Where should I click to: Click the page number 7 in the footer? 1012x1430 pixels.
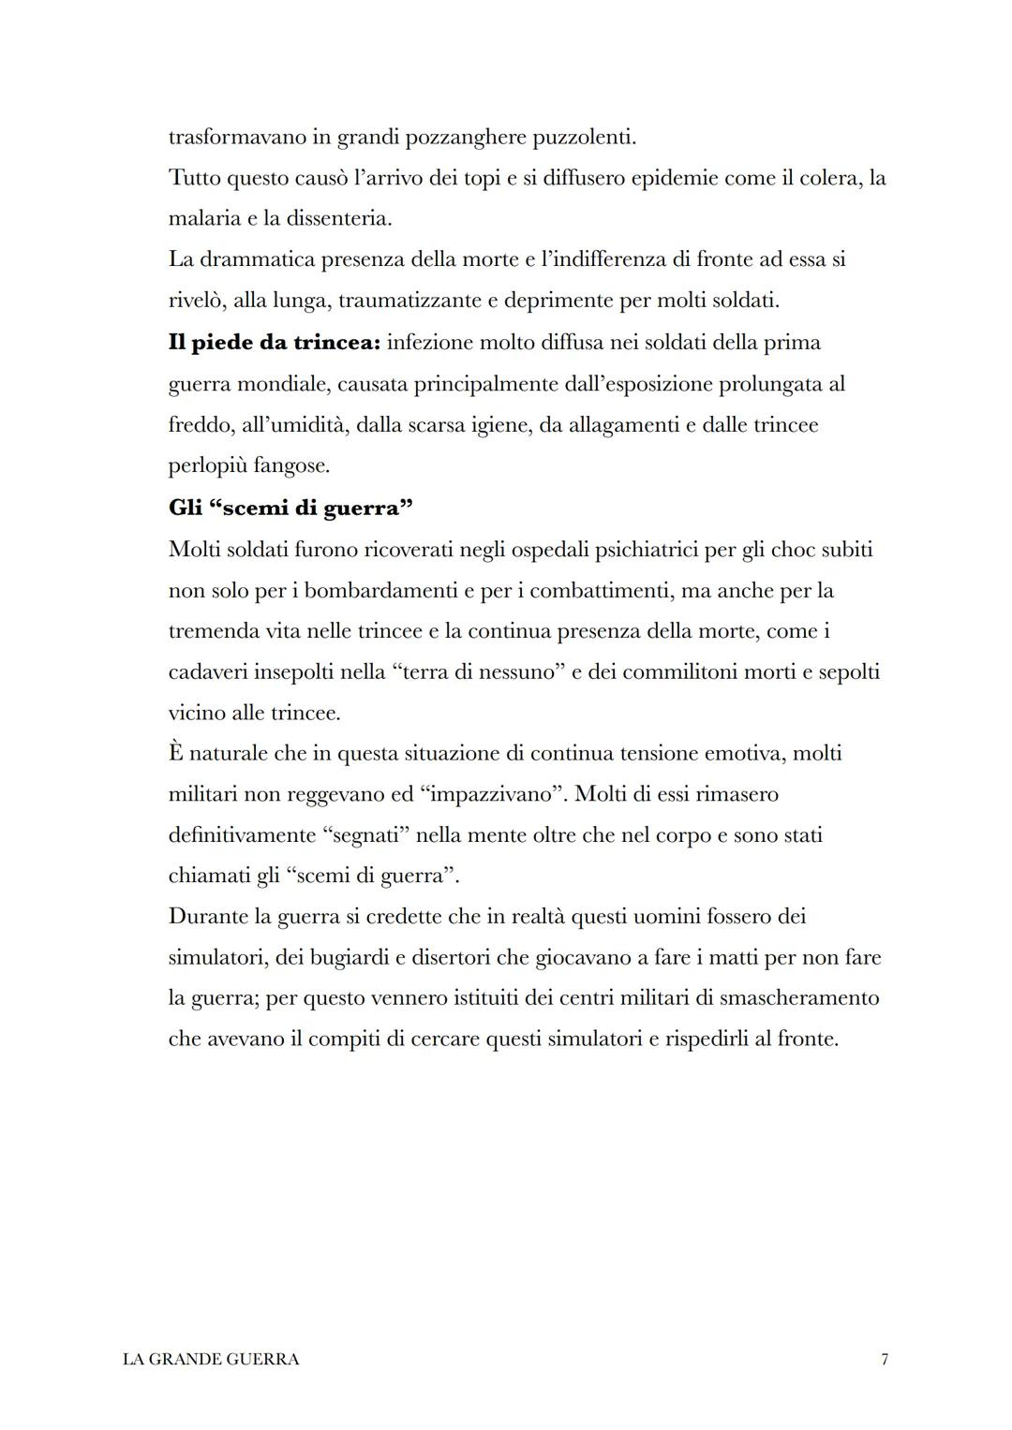[x=885, y=1359]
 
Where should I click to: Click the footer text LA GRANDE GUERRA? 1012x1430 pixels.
[x=211, y=1359]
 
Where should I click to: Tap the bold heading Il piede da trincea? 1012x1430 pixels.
[x=274, y=343]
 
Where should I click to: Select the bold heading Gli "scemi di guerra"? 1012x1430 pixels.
[x=291, y=508]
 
